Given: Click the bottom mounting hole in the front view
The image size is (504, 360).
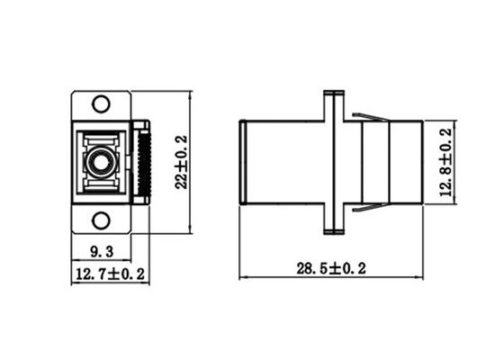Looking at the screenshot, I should pyautogui.click(x=101, y=220).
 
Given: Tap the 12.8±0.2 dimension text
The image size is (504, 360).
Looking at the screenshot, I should pyautogui.click(x=444, y=163).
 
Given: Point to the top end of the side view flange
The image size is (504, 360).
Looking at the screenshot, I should pyautogui.click(x=332, y=93).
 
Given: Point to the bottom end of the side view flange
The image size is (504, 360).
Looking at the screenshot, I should pyautogui.click(x=332, y=233).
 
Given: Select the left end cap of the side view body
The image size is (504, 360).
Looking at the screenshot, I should pyautogui.click(x=243, y=163).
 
